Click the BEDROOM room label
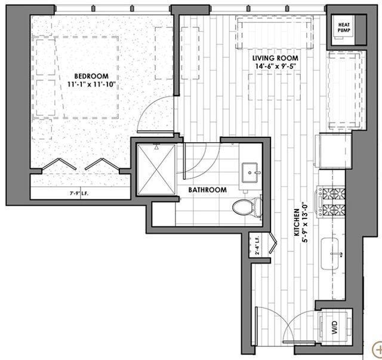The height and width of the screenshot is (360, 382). [x=91, y=76]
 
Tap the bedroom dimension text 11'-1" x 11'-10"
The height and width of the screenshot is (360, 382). [x=91, y=85]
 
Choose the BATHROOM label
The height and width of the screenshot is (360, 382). [x=208, y=190]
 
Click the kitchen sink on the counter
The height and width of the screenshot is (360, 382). [x=332, y=253]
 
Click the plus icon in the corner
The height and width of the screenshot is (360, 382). [x=377, y=349]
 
